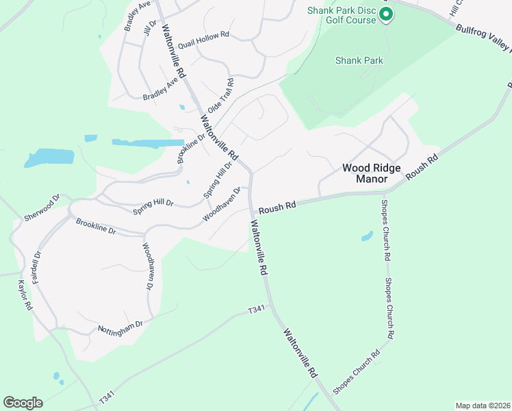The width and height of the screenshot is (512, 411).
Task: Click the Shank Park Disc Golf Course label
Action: [342, 15]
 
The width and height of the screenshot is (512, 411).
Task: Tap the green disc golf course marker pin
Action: [385, 14]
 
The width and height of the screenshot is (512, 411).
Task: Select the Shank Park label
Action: [359, 60]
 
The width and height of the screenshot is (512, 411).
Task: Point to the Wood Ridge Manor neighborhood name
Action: [371, 173]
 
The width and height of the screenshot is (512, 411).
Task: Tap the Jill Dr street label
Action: [150, 29]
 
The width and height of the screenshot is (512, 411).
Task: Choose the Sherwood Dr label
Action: [42, 206]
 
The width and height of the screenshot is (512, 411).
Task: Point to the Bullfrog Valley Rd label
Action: [483, 37]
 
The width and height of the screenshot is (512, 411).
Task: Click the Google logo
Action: [23, 403]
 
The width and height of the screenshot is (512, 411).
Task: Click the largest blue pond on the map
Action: [49, 158]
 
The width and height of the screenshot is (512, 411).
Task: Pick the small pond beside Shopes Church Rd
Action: [367, 236]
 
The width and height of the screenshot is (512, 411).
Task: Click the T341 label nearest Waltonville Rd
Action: [256, 310]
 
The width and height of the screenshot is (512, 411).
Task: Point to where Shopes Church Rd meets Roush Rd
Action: [383, 193]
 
